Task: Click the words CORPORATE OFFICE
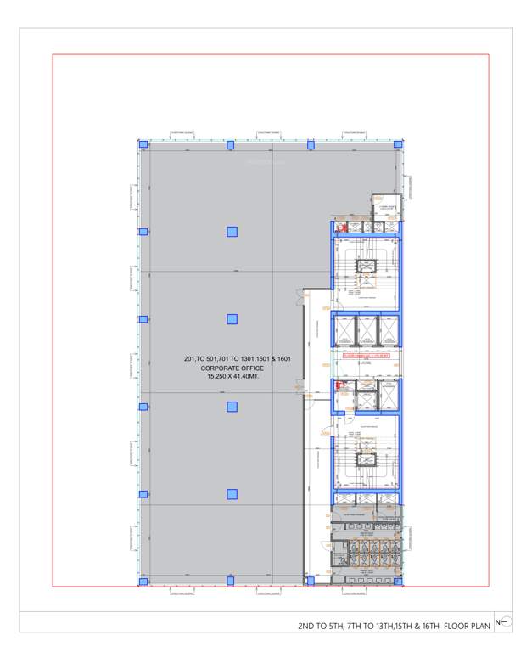coord(232,368)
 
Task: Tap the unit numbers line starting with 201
coord(232,360)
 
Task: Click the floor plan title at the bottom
coord(394,626)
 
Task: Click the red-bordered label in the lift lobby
coord(365,358)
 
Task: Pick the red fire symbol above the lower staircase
coord(341,385)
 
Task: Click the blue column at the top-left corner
coord(143,145)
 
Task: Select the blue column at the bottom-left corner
coord(143,582)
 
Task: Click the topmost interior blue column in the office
coord(232,232)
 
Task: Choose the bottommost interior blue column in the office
coord(232,494)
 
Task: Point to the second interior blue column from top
coord(232,319)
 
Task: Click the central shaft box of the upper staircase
coord(367,267)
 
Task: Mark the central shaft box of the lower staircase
coord(367,459)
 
